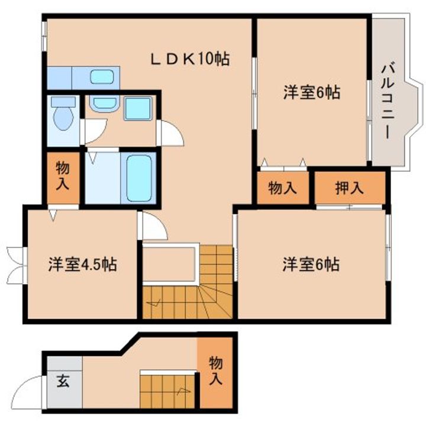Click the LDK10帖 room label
click(x=189, y=59)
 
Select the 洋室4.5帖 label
click(x=82, y=264)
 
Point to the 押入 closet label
click(x=349, y=189)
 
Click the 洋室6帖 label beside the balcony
click(x=311, y=93)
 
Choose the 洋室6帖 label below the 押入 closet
click(x=311, y=264)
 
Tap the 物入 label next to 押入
click(x=282, y=189)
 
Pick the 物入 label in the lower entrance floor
click(x=216, y=372)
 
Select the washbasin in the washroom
click(x=105, y=104)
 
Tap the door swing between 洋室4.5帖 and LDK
click(x=151, y=227)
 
